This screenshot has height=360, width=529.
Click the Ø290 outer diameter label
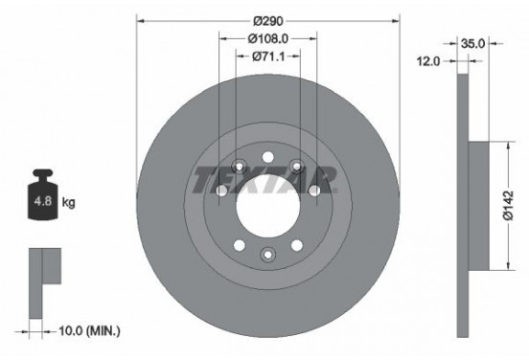point(267,20)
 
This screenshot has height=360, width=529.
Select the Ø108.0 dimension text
point(268,39)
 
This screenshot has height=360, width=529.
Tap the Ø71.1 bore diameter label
point(268,56)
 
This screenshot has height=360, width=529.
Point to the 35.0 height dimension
point(472,43)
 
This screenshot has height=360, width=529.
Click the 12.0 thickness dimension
point(428,61)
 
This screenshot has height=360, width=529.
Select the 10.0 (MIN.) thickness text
point(88,331)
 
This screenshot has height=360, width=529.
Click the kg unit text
point(70,204)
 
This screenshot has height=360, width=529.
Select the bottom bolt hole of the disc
point(268,254)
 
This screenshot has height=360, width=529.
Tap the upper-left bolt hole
point(239,166)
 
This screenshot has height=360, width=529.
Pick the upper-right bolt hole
point(298,166)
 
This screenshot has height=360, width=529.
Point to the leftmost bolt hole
point(221,191)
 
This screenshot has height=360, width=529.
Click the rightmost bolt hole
point(314,191)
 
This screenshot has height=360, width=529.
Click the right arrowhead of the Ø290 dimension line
point(394,20)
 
